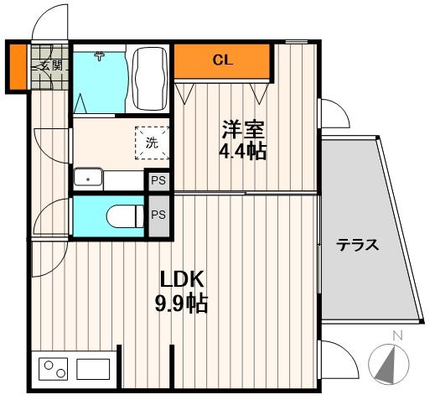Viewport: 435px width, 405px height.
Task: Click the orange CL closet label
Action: tap(222, 60)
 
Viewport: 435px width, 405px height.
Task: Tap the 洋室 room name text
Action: tap(243, 131)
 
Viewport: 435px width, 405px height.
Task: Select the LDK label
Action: tap(183, 279)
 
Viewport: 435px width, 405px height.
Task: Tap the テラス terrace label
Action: tap(358, 246)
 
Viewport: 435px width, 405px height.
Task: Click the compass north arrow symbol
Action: tap(388, 363)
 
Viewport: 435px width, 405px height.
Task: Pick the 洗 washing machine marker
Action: tap(152, 143)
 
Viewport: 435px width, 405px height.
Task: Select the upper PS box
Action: tap(158, 180)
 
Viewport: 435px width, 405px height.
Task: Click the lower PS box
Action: tap(158, 215)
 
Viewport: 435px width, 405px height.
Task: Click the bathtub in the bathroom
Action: tap(151, 80)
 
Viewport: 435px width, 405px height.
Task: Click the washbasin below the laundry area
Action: tap(87, 179)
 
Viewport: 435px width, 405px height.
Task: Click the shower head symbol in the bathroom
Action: tap(100, 56)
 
